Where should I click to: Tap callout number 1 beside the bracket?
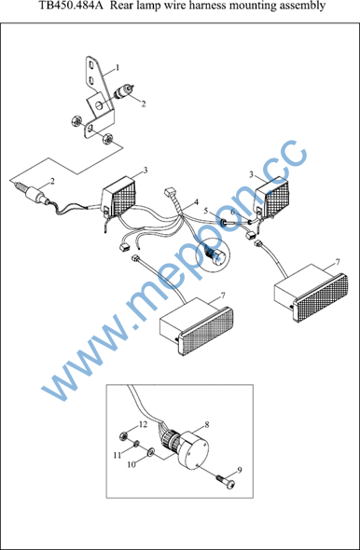point(118,67)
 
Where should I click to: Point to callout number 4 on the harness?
point(196,202)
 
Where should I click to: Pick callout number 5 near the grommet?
point(206,211)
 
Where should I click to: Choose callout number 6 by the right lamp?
point(233,213)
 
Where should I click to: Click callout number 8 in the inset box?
point(207,425)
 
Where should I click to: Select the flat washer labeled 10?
point(150,451)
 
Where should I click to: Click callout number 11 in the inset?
point(117,455)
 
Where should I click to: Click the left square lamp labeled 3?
point(118,198)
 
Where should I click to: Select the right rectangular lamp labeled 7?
point(311,292)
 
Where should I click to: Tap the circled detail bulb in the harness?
point(211,254)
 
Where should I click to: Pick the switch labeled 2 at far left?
point(33,193)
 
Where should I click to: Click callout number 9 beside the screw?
point(240,470)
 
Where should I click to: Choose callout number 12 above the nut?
point(143,425)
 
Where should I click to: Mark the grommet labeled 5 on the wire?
point(224,223)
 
